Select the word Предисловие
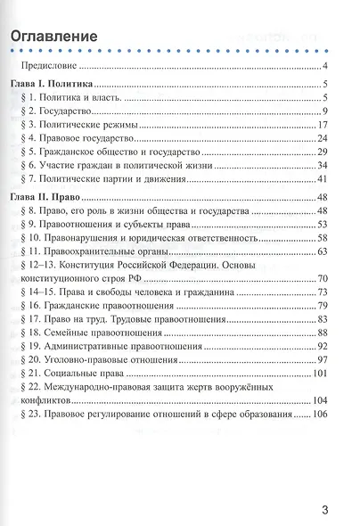(x=52, y=67)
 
